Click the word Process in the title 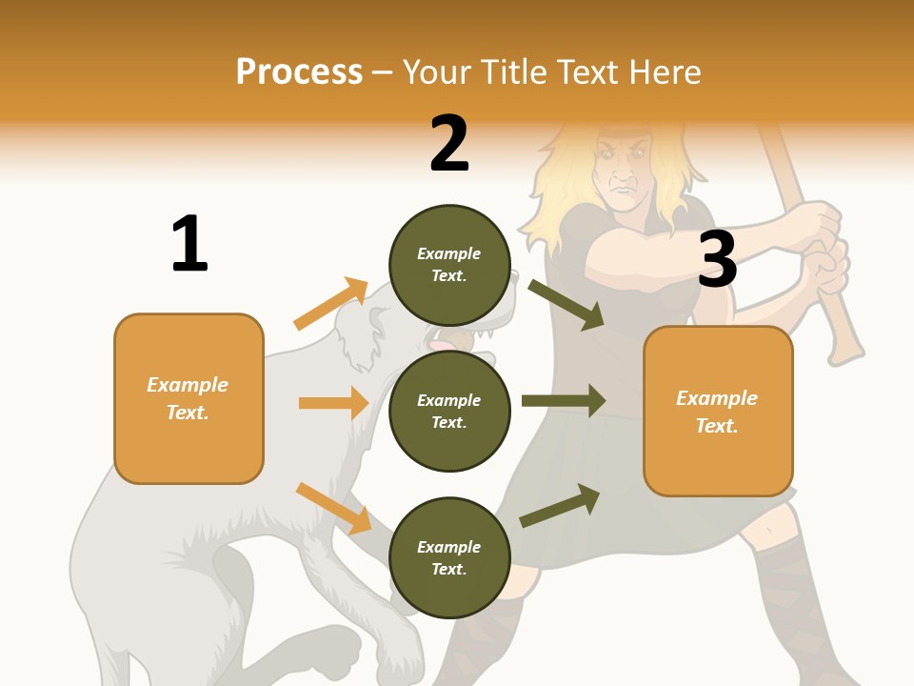[299, 71]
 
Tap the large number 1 [189, 245]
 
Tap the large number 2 [449, 144]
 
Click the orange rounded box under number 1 [189, 398]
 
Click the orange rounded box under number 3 [718, 411]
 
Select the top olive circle [449, 264]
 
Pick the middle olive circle [449, 411]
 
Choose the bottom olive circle [449, 557]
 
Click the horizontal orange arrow [333, 403]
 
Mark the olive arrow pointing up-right [560, 506]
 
